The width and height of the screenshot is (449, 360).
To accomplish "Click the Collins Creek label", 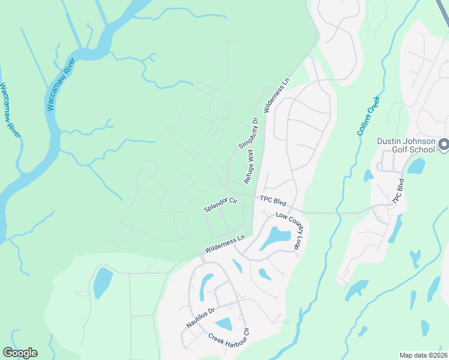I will pos(369,115).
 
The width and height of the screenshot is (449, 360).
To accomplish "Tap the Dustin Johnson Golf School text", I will pos(406,146).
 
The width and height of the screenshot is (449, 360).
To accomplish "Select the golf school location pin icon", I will pos(443,145).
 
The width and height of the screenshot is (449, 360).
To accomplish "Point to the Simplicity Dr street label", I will pos(248,133).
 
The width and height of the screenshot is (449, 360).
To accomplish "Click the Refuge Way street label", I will pos(249,167).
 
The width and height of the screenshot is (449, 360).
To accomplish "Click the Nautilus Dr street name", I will pos(199,319).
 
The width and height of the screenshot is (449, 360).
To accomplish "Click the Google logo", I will pos(20,353).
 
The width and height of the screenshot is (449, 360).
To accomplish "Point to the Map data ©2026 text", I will pos(423,355).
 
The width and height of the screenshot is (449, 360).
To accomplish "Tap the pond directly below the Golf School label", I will pos(415,166).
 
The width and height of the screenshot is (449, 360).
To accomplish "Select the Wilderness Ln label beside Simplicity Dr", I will pos(276,95).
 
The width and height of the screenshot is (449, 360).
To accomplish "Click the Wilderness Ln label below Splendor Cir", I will pos(225,244).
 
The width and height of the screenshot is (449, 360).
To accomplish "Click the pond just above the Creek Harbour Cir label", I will pos(223,324).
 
